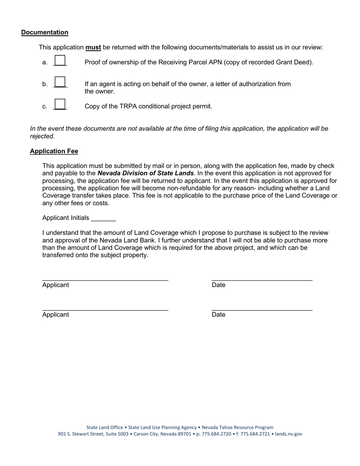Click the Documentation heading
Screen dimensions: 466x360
coord(45,33)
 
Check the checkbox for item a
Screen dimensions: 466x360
coord(60,61)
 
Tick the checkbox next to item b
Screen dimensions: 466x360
coord(60,82)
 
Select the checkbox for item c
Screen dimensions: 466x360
coord(60,104)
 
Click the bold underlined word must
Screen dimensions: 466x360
coord(93,47)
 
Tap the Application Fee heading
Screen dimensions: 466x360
coord(54,152)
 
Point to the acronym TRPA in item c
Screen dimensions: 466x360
coord(126,106)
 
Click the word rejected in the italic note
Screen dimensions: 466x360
coord(42,136)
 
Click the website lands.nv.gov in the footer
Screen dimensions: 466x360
coord(288,434)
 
